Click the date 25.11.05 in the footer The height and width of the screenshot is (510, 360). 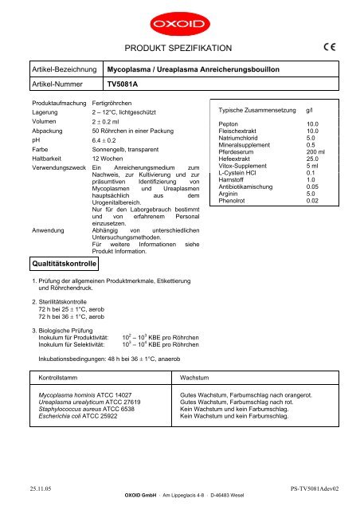tap(33, 494)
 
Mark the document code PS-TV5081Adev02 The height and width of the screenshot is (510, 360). tap(315, 494)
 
